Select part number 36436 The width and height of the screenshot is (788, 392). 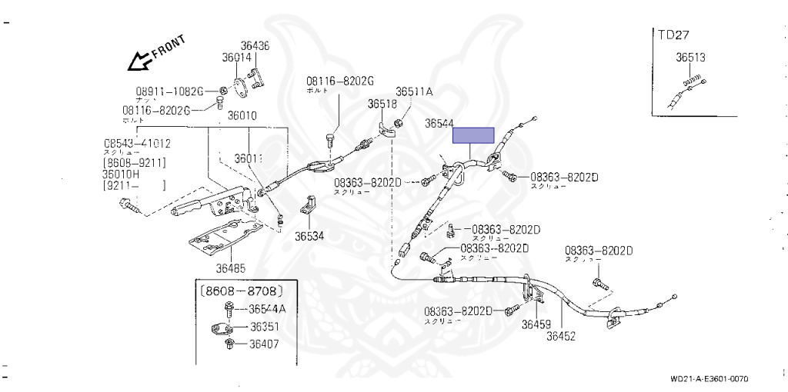[x=255, y=46]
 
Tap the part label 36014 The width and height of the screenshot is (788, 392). [x=237, y=57]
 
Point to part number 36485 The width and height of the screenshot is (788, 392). [x=231, y=268]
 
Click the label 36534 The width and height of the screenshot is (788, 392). [x=309, y=236]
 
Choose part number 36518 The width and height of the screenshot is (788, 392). [x=382, y=104]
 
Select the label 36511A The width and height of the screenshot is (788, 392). [x=415, y=91]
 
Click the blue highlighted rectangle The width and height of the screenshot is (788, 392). [x=473, y=135]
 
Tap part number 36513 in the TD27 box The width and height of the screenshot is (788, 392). [x=691, y=57]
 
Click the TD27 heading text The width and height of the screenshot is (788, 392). [x=673, y=35]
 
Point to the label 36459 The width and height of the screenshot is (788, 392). [x=536, y=324]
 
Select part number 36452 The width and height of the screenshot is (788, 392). [x=562, y=335]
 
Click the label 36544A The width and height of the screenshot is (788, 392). [x=267, y=309]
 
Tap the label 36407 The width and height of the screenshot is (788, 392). [x=263, y=344]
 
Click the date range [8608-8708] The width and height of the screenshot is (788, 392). [x=242, y=291]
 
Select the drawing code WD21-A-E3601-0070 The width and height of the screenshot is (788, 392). [x=709, y=378]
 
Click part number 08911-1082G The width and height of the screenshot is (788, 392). [x=170, y=91]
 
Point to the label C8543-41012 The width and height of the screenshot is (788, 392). [x=138, y=143]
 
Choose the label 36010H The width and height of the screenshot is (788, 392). [x=126, y=174]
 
